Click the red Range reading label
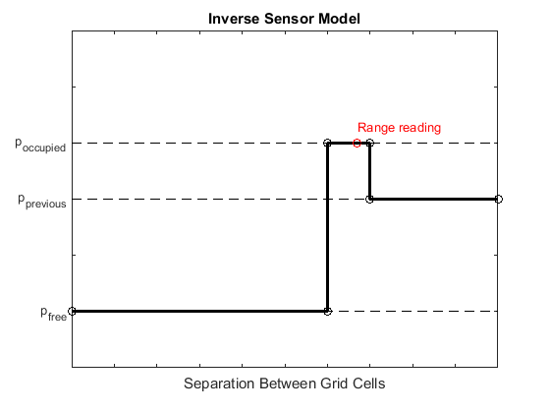tap(399, 127)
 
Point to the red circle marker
tap(357, 144)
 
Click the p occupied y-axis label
tap(40, 145)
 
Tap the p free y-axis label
tap(53, 313)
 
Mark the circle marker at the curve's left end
tap(72, 311)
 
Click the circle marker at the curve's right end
tap(499, 199)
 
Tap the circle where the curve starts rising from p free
tap(328, 311)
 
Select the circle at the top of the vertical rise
tap(328, 143)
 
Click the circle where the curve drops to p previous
tap(370, 199)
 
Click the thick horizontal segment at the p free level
tap(196, 311)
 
